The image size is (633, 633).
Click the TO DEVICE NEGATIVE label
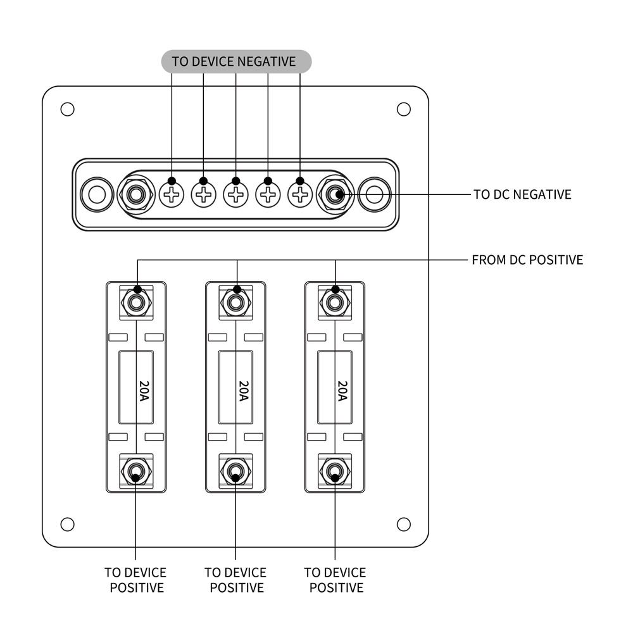(234, 61)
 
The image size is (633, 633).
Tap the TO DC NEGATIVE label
(522, 194)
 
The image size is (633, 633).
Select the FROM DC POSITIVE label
(527, 260)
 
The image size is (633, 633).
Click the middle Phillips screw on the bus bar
(235, 194)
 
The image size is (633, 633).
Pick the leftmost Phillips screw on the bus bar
(172, 194)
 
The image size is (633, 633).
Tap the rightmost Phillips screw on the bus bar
(300, 194)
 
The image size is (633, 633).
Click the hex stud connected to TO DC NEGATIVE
(334, 194)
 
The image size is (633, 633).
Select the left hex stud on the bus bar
(135, 194)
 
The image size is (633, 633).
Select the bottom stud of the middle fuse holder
(235, 470)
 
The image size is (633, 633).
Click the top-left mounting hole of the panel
(67, 109)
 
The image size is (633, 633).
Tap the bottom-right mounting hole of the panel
(403, 524)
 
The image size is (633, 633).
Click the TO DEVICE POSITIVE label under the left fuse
(136, 580)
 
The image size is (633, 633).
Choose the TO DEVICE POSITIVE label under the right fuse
(335, 580)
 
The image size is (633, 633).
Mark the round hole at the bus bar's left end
(96, 194)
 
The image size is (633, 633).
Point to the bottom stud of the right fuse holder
(334, 470)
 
